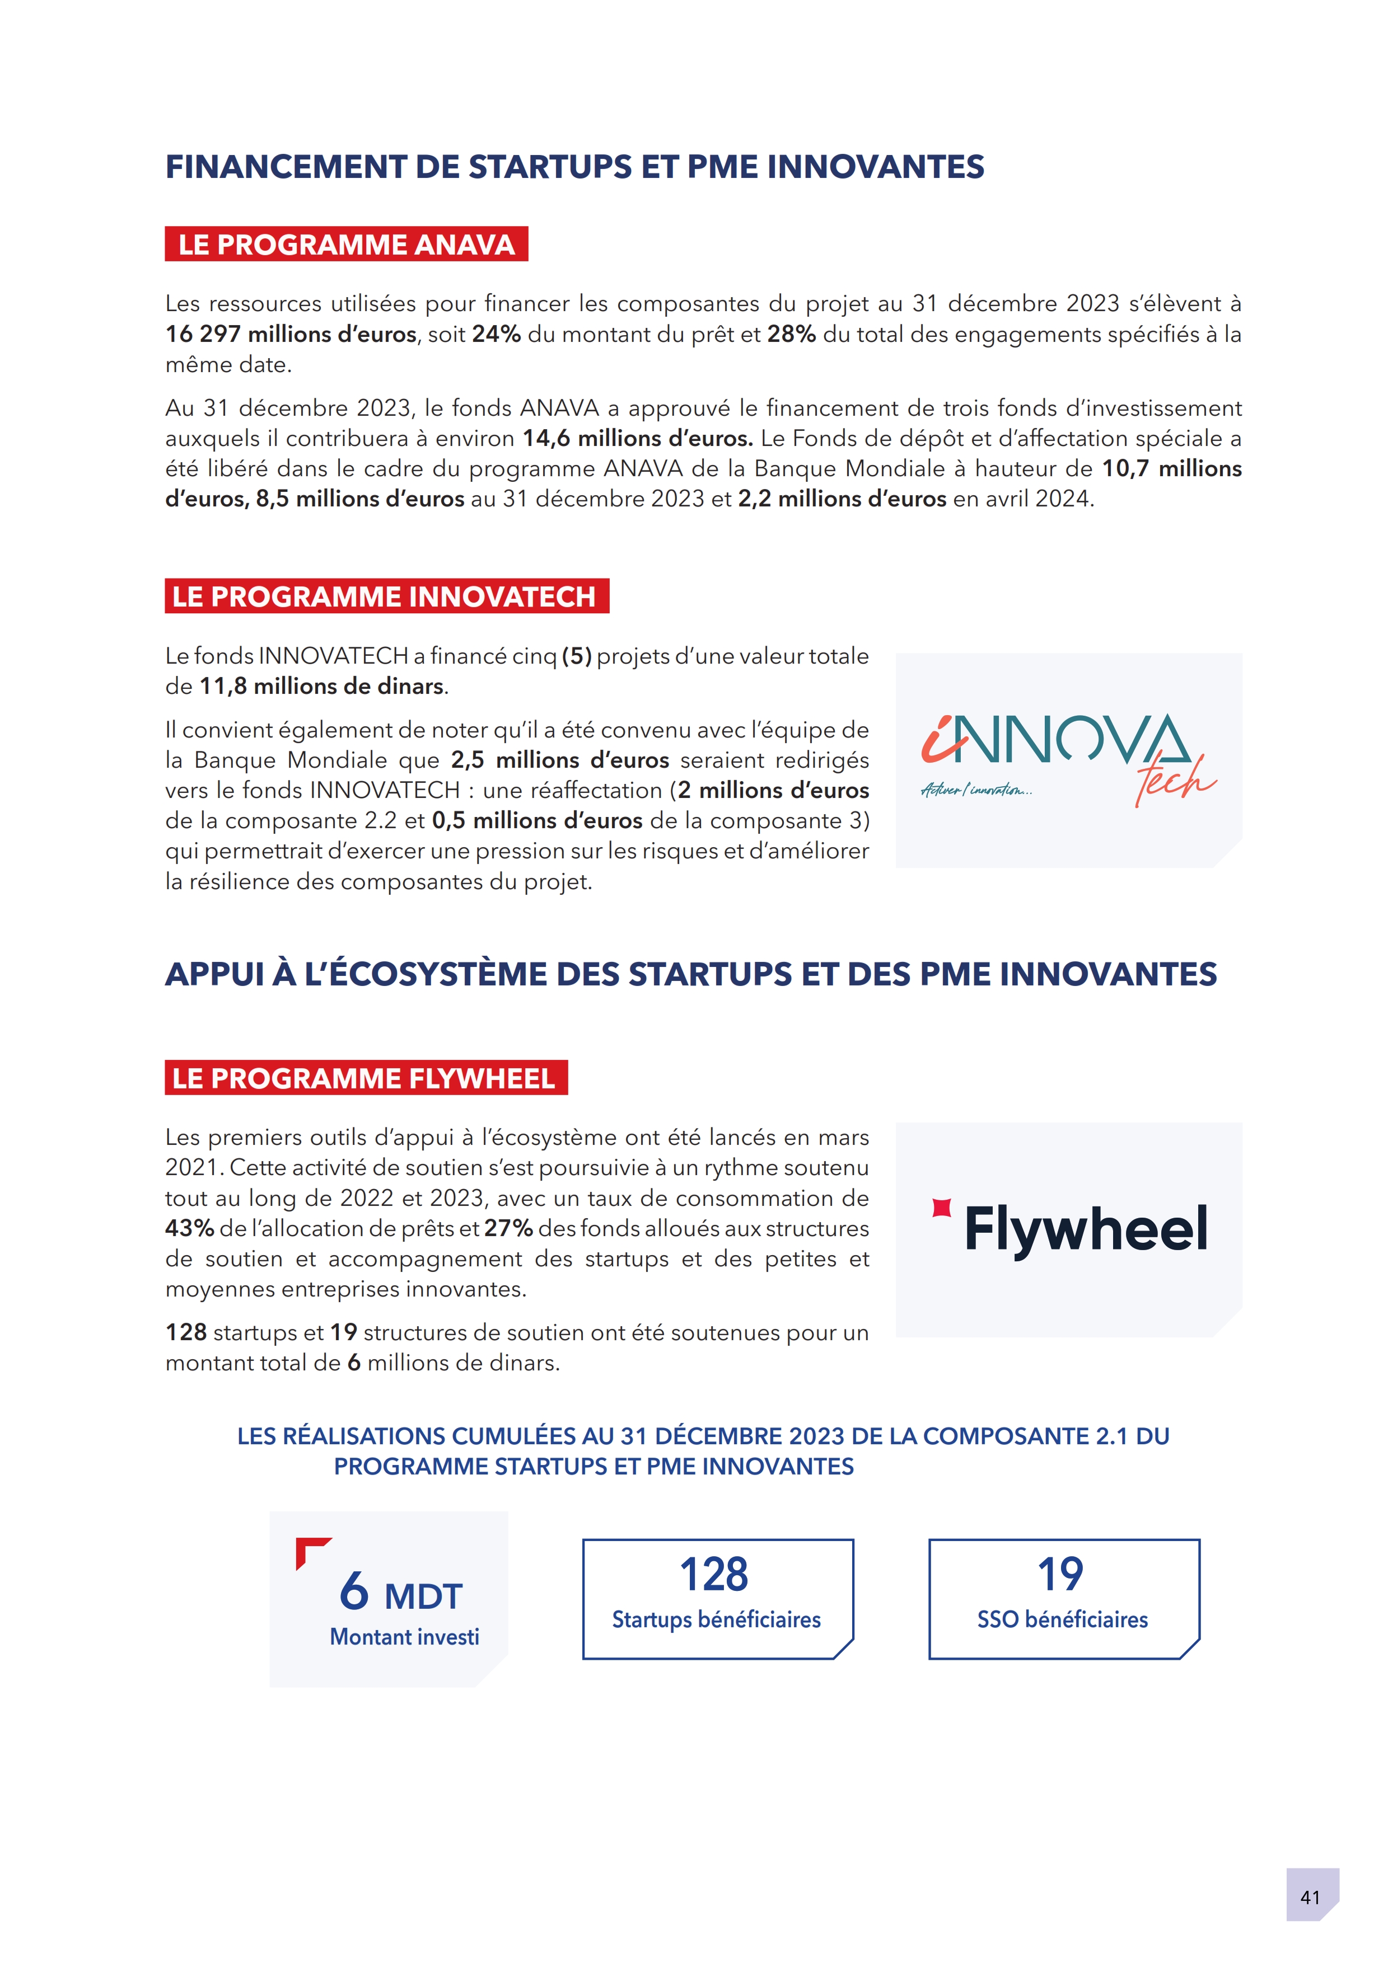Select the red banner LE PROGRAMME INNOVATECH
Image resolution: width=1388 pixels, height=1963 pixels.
click(386, 596)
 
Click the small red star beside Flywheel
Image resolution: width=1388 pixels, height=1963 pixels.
click(942, 1207)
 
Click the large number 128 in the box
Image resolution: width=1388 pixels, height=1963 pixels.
click(714, 1574)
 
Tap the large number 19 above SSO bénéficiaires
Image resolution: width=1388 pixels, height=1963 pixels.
click(1060, 1574)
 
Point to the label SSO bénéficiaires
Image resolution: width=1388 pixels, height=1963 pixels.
click(1062, 1619)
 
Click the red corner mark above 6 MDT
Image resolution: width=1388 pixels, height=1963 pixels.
click(310, 1550)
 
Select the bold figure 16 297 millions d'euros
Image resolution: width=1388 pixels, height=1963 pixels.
click(291, 334)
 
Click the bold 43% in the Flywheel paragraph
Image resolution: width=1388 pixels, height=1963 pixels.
click(189, 1229)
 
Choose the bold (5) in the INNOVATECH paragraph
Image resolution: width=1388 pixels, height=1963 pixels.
click(576, 656)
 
